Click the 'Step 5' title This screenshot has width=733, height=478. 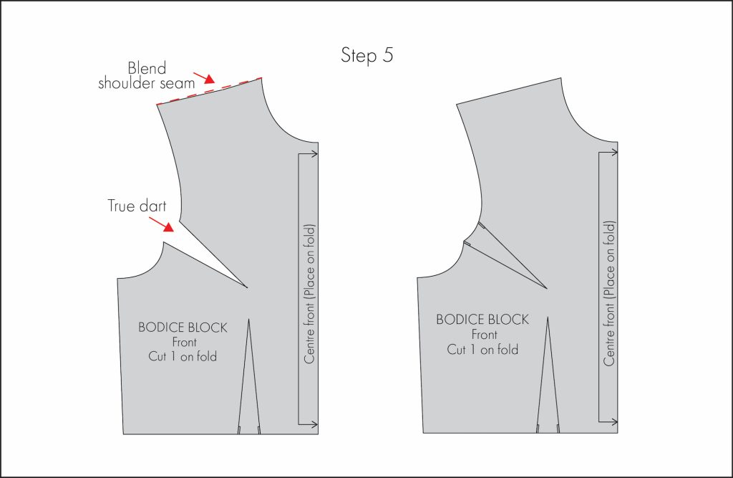click(x=366, y=57)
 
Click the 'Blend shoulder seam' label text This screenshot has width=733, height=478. click(x=162, y=76)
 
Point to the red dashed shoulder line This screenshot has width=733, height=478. click(x=209, y=90)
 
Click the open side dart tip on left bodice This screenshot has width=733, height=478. click(x=247, y=288)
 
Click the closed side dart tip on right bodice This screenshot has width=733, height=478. click(x=547, y=288)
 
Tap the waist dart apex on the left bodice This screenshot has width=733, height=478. click(x=248, y=319)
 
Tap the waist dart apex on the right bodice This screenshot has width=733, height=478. click(x=548, y=317)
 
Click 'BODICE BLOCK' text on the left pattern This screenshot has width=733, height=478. click(x=183, y=328)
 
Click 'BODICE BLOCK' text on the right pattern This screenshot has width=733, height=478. click(x=482, y=320)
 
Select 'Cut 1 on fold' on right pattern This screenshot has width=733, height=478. click(x=482, y=350)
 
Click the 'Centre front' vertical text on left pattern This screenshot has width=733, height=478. click(x=309, y=294)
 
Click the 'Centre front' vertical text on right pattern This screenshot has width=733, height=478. click(x=609, y=294)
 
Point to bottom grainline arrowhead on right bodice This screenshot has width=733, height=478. click(x=613, y=421)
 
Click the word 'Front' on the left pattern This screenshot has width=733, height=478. click(x=183, y=343)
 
